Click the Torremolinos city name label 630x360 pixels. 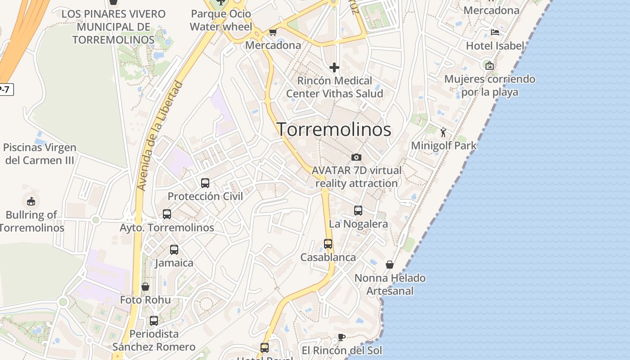coord(333,130)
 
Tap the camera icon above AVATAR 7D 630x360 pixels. coord(356,157)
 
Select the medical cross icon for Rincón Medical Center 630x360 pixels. coord(334,67)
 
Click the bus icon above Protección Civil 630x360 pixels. coord(205,183)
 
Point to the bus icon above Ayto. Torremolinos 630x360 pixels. coord(167,214)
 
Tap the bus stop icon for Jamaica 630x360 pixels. coord(174,250)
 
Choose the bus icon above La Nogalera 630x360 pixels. coord(358,211)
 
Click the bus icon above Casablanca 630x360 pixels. coord(328,244)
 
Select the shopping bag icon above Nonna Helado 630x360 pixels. coord(390,265)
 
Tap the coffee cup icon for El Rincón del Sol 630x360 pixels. coord(342,337)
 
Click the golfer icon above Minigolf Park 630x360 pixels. coord(443,132)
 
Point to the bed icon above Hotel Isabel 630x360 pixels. coord(495,32)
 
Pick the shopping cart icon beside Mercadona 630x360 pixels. coord(273,32)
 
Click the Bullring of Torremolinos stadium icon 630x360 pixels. coord(31,201)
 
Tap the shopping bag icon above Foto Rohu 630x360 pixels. coord(145,287)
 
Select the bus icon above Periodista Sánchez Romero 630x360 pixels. coord(154,321)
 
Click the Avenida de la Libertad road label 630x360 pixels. coord(161,135)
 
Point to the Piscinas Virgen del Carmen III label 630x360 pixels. coord(40,154)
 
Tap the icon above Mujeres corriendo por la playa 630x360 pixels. coord(490,66)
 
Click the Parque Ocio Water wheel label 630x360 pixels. coord(220,20)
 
